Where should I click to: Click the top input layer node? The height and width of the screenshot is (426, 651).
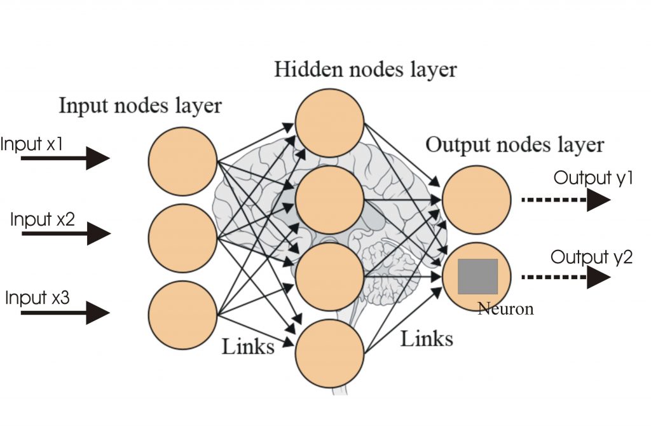(x=182, y=160)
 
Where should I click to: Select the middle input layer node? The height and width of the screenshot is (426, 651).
(x=182, y=237)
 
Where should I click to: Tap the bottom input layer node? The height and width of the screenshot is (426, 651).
(x=182, y=315)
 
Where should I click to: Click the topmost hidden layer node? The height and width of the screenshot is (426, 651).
(x=329, y=123)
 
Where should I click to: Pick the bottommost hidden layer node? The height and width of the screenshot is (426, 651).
(x=329, y=353)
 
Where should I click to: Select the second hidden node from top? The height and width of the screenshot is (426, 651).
(x=329, y=200)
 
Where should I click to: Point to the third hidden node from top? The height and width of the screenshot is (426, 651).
(x=329, y=277)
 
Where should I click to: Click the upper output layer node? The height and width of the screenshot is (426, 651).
(x=477, y=200)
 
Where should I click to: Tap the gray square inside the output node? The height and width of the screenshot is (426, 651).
(x=477, y=276)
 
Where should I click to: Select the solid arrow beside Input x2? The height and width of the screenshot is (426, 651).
(x=67, y=233)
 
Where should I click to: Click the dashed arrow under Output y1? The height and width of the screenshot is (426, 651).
(x=566, y=200)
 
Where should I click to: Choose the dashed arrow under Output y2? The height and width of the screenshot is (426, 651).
(x=566, y=277)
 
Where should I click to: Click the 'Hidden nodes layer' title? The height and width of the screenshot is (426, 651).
(x=365, y=69)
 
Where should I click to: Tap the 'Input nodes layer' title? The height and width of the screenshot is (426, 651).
(x=140, y=105)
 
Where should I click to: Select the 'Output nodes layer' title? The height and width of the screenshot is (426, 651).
(x=514, y=144)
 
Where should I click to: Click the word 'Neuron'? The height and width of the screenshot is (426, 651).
(x=505, y=310)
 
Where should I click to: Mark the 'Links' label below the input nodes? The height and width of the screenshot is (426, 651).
(x=248, y=347)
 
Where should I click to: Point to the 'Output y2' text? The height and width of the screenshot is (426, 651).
(x=591, y=258)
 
